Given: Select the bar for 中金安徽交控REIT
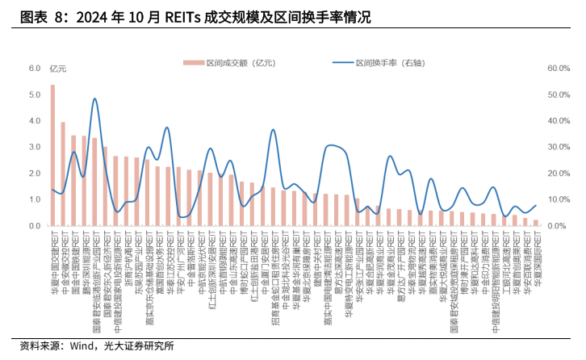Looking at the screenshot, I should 63,174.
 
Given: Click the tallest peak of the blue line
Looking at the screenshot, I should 95,99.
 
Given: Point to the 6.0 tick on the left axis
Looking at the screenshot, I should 35,69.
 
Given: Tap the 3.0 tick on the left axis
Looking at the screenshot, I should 35,148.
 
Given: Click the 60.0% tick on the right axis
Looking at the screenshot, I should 559,69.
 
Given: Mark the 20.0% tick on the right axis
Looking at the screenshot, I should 559,174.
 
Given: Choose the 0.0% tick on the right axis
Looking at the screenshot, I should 559,226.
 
